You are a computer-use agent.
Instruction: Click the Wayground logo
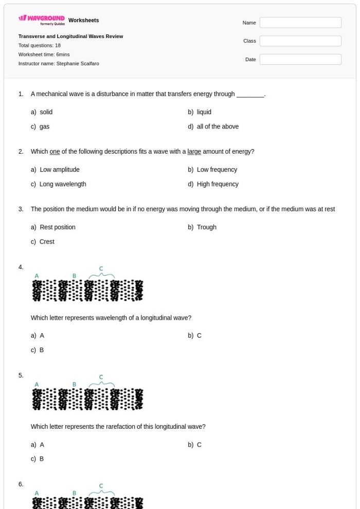pos(42,20)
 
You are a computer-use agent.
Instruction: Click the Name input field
pos(300,23)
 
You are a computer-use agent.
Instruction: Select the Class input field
pos(300,41)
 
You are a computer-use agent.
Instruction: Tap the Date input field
pos(300,60)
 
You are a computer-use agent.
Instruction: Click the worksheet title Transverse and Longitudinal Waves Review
pos(70,37)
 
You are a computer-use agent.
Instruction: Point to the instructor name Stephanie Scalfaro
pos(78,64)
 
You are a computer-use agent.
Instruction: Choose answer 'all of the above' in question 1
pos(218,126)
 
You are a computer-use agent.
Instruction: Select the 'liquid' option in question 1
pos(204,112)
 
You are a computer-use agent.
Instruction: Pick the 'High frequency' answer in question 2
pos(218,184)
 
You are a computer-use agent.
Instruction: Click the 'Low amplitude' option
pos(60,170)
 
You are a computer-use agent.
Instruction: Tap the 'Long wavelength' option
pos(63,184)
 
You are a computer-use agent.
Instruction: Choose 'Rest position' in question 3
pos(58,227)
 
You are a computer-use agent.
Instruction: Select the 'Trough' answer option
pos(207,227)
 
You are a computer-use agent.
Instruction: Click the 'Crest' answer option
pos(47,242)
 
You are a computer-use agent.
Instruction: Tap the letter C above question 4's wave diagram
pos(101,269)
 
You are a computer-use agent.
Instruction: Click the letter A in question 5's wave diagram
pos(37,385)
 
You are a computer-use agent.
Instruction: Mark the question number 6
pos(21,484)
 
